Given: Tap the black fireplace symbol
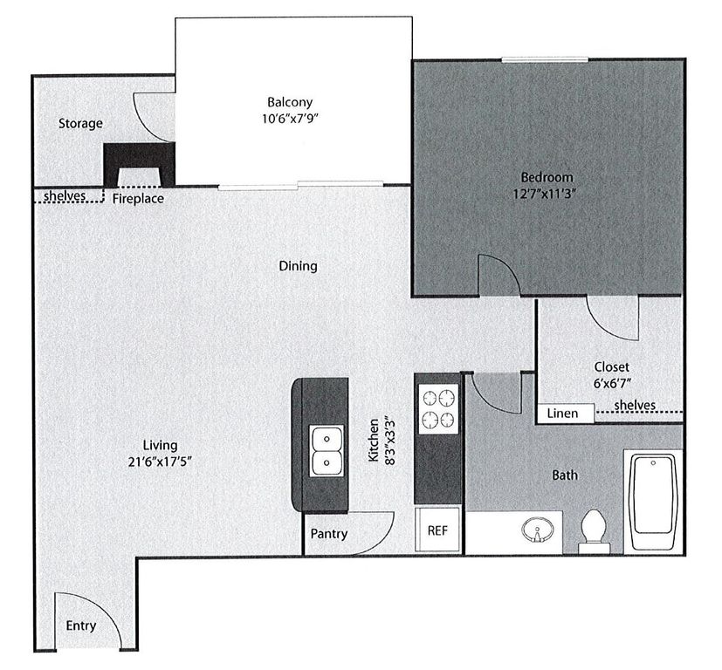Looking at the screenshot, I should click(139, 163).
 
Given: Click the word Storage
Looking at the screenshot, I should click(80, 124).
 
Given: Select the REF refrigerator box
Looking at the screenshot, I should click(437, 530).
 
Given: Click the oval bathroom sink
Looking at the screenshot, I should click(533, 530).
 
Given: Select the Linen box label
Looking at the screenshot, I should click(562, 413).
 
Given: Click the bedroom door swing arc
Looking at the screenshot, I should click(500, 273).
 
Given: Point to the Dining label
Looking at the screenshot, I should click(298, 266).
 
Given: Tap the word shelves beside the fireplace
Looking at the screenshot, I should click(65, 195).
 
